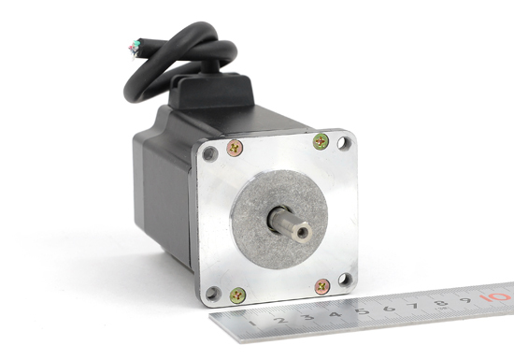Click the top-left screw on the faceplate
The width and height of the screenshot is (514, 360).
235,148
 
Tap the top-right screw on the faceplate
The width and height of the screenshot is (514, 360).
321,141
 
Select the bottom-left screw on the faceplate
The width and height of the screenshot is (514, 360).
237,295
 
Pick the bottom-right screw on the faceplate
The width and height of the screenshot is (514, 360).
322,287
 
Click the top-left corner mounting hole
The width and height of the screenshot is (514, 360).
210,153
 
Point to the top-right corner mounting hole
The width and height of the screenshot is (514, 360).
344,143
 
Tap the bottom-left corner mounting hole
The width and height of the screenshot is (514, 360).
213,293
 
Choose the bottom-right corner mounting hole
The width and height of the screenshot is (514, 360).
345,280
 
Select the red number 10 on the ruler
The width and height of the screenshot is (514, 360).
494,297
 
